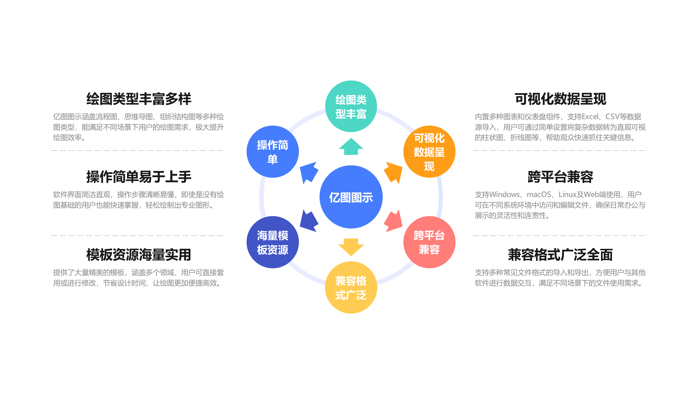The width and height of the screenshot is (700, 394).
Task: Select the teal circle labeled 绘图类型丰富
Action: [x=351, y=106]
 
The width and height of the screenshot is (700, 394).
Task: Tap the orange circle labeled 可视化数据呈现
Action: [x=429, y=152]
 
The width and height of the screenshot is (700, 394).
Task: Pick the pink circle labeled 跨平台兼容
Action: [x=429, y=242]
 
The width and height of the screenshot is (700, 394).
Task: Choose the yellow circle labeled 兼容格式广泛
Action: [x=351, y=288]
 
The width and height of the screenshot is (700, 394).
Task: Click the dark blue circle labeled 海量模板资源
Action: [x=272, y=242]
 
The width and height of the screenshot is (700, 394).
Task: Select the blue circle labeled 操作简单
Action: [x=272, y=152]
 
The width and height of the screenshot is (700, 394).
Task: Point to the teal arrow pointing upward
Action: [x=351, y=147]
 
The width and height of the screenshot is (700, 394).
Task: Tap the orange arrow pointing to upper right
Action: [x=394, y=172]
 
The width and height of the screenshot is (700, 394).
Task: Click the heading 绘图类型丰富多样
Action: [x=139, y=99]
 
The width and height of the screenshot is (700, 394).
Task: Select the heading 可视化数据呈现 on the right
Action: [x=560, y=99]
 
